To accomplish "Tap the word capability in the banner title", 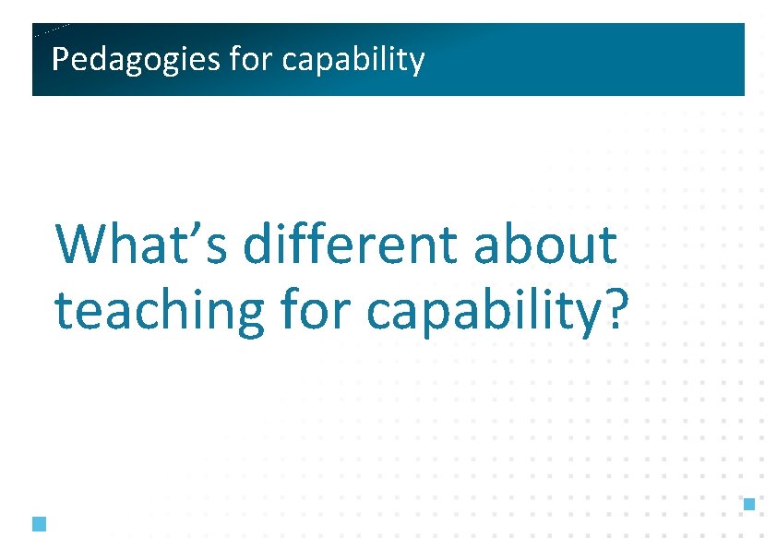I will [353, 60].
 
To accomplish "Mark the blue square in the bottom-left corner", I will [38, 524].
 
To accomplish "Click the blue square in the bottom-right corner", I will [749, 504].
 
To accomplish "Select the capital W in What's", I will [80, 245].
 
